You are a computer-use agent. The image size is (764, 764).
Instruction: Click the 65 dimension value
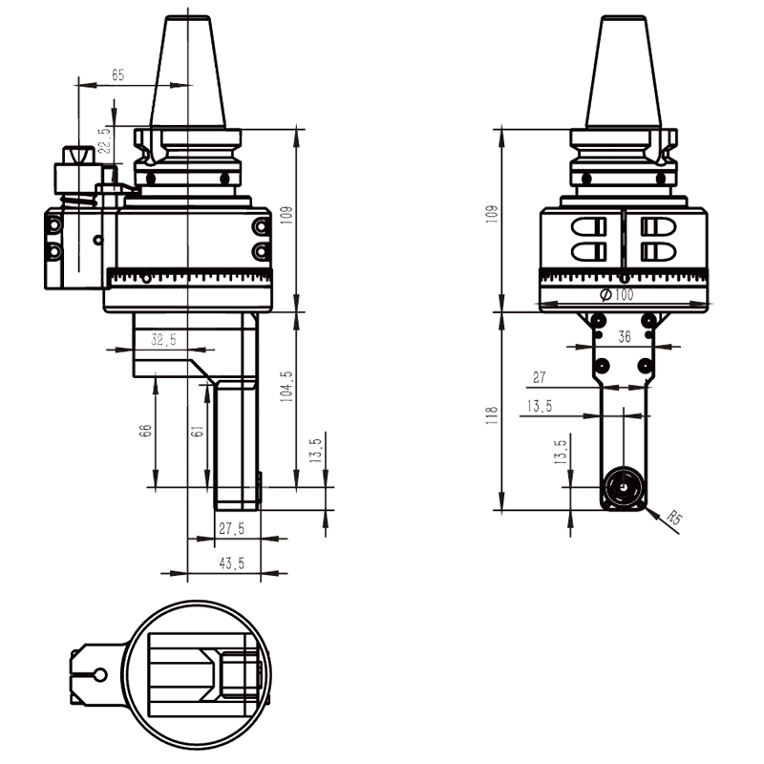[118, 74]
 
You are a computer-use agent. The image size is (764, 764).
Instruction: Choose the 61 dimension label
[197, 432]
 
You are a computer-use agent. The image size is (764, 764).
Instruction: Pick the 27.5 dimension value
[231, 528]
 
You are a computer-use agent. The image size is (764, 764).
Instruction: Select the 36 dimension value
[625, 336]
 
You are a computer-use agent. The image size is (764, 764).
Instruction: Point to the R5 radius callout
[674, 520]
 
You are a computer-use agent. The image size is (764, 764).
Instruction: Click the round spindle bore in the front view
[623, 487]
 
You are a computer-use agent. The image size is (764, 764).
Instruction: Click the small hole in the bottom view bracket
[99, 675]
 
